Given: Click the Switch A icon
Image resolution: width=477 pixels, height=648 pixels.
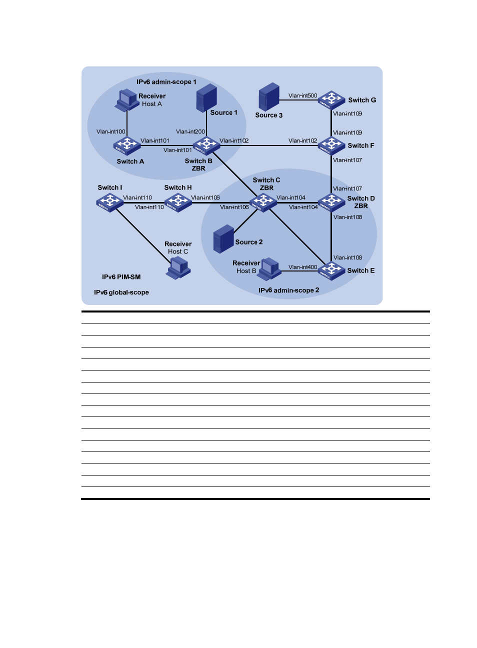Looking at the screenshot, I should (127, 145).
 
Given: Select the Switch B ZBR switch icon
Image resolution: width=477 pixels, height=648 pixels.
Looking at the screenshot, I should (206, 145).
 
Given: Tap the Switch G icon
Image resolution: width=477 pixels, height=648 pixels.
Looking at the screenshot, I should (331, 100).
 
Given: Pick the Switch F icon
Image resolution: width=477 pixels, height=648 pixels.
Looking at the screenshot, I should (331, 145).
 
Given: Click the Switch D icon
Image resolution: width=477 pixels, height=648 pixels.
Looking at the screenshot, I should (331, 202).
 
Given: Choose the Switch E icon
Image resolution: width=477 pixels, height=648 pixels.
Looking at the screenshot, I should (331, 270).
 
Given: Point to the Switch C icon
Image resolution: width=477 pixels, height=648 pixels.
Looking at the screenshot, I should (263, 202).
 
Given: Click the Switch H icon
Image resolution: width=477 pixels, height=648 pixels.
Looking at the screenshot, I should (178, 202).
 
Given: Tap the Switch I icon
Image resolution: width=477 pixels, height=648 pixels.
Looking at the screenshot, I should (109, 202).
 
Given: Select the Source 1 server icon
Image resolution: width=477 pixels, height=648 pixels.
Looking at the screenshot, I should (206, 98).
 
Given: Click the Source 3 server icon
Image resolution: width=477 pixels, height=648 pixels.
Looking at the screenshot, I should (268, 97).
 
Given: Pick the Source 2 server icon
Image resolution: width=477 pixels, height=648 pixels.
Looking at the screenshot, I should (223, 239).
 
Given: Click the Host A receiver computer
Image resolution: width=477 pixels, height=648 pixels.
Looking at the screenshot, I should (127, 100).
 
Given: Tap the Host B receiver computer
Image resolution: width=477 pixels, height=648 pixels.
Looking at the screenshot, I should (270, 268).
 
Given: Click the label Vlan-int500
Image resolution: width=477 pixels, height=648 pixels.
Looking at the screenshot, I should (302, 95).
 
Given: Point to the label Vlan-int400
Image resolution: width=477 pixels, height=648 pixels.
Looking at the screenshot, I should (302, 267).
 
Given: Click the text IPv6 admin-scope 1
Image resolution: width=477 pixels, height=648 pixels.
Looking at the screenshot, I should (166, 81).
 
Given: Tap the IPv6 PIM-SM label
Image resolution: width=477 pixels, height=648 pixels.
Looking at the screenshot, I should (121, 277).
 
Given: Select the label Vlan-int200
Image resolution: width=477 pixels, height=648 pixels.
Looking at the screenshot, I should (190, 131).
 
